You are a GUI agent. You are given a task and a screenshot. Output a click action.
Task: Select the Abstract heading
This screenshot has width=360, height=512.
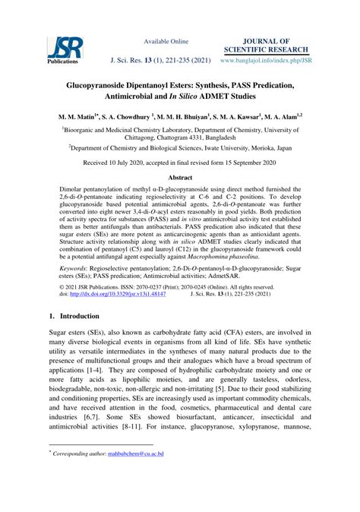point(179,200)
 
